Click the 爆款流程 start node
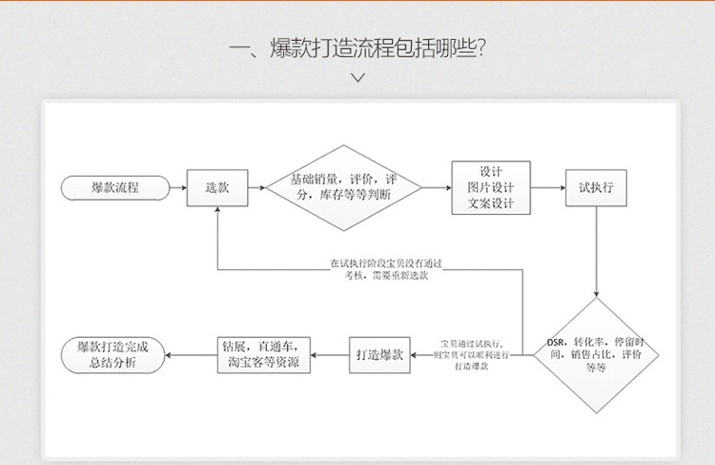115,188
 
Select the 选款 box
217,188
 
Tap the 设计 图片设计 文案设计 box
490,188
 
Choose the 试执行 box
597,188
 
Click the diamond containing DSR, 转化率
596,354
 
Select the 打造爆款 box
380,354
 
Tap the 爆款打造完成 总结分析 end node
115,354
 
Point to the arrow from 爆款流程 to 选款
176,188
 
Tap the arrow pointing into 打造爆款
425,354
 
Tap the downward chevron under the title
357,78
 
